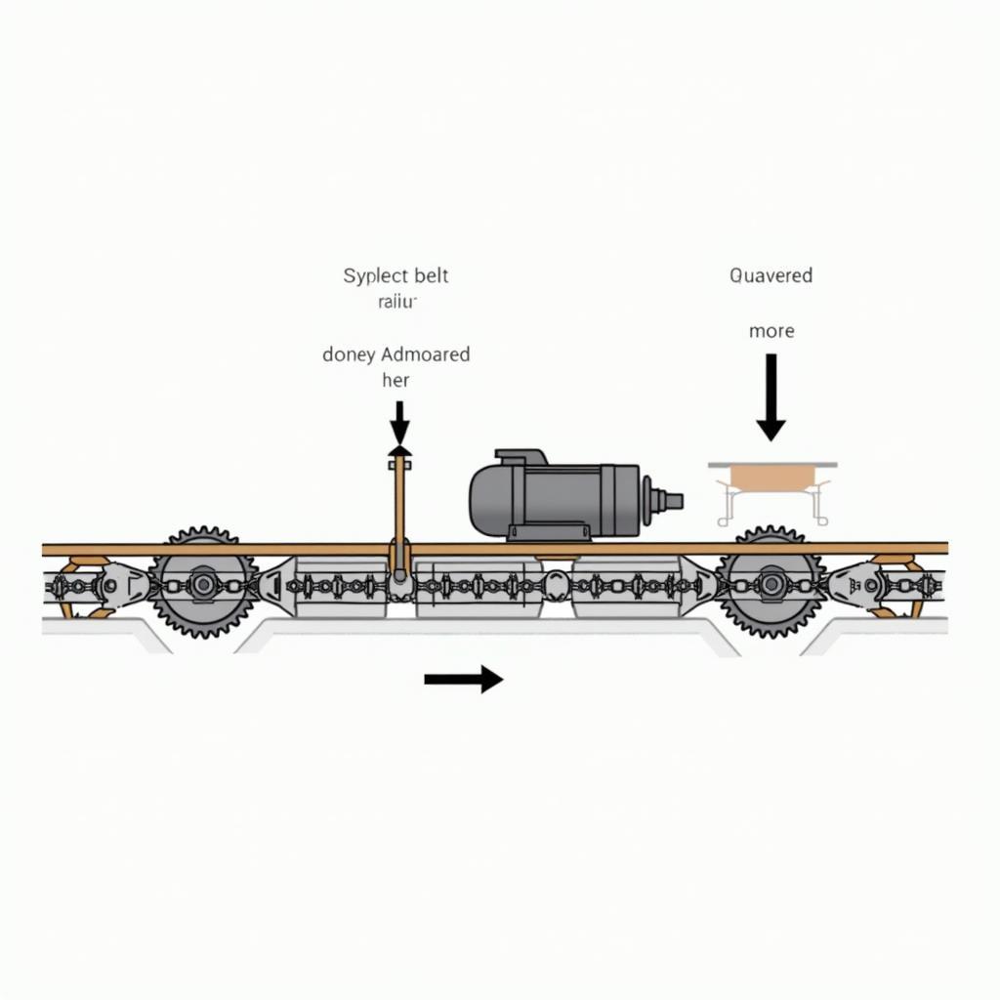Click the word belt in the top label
tap(431, 275)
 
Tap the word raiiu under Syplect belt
tap(396, 302)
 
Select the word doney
tap(349, 354)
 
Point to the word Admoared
tap(427, 354)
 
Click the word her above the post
tap(396, 381)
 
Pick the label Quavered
tap(771, 275)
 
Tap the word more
tap(771, 331)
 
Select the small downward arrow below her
tap(399, 422)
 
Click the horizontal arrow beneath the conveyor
tap(463, 679)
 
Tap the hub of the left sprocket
tap(202, 585)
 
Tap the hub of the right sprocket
tap(771, 584)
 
